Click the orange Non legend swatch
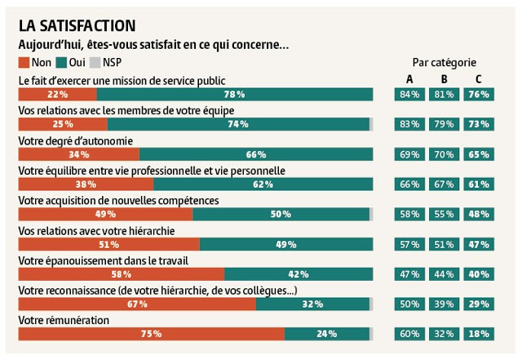coord(24,62)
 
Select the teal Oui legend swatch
coord(62,62)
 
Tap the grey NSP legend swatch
coord(95,62)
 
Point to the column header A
coord(409,79)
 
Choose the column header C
coord(479,79)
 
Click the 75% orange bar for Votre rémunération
coord(151,334)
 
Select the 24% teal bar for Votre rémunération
coord(326,334)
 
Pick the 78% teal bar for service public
coord(235,95)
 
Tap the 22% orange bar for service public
coord(57,95)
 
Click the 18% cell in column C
coord(479,334)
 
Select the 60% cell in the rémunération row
coord(409,334)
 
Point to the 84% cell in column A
coord(409,95)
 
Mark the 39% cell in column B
coord(445,304)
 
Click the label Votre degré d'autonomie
coord(76,140)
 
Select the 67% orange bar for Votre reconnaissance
coord(137,304)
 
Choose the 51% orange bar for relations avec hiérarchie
coord(108,244)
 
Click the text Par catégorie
coord(444,63)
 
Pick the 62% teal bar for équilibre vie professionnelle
coord(263,184)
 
